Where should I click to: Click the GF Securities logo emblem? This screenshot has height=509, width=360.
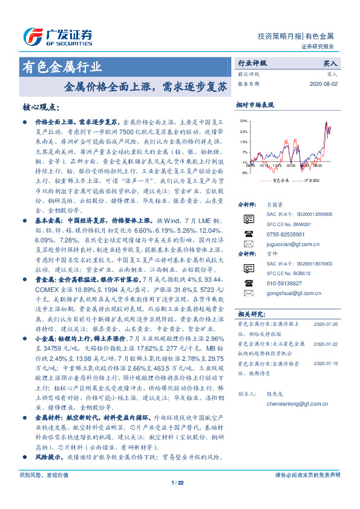(30, 35)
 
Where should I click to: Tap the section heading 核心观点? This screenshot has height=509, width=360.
(41, 108)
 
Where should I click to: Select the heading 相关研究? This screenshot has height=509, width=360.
(250, 314)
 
